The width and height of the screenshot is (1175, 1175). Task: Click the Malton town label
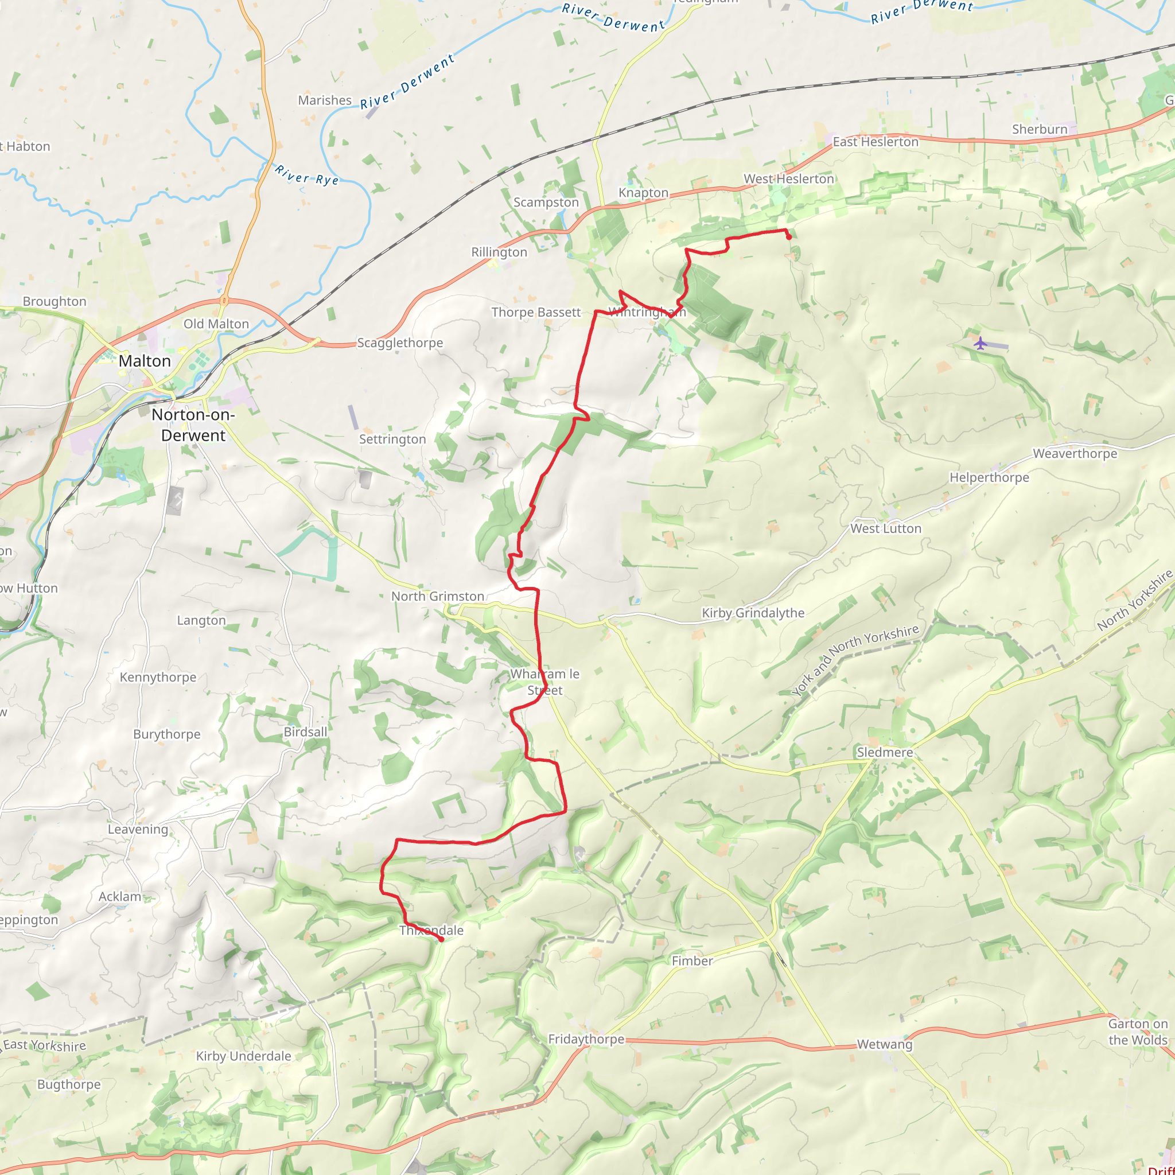click(145, 361)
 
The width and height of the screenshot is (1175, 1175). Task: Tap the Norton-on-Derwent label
click(193, 425)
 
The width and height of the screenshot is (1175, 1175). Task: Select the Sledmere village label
click(885, 752)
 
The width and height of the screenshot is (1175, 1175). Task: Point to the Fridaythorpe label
click(586, 1039)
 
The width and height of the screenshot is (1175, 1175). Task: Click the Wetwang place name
click(885, 1044)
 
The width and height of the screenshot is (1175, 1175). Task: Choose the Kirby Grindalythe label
click(753, 613)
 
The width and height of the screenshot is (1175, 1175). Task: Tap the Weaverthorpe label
click(1075, 454)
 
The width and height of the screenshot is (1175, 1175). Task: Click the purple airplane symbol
click(980, 344)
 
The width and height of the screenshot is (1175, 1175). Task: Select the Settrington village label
click(392, 439)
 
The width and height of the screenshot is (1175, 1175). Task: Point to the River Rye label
click(306, 174)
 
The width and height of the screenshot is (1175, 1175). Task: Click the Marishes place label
click(325, 100)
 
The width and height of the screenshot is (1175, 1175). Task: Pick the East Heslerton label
click(875, 142)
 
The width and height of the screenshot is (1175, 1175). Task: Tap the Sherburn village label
click(1040, 129)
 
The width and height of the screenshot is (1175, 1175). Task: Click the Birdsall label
click(305, 732)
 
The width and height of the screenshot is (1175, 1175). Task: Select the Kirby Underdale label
click(243, 1056)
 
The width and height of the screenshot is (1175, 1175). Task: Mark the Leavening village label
click(138, 829)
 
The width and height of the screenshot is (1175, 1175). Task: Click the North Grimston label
click(438, 596)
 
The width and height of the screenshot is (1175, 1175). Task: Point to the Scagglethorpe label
click(400, 343)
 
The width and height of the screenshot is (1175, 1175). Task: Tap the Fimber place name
click(692, 961)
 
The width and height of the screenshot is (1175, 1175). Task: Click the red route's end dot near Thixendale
click(441, 940)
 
